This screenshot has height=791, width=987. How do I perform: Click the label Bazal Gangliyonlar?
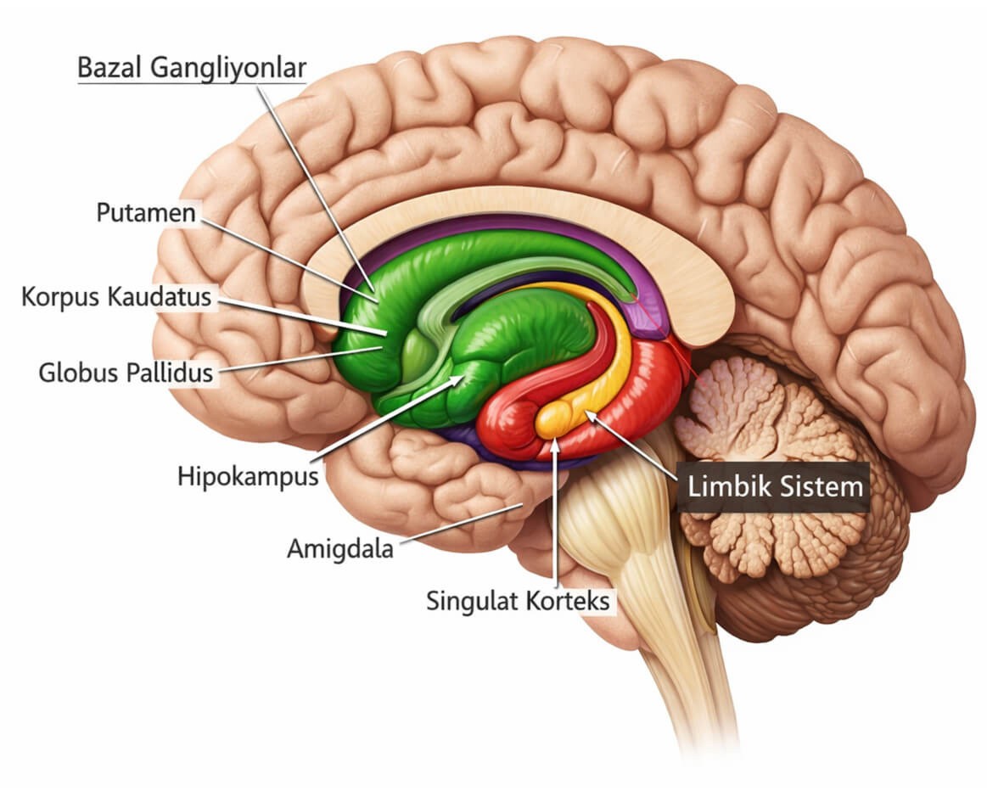click(192, 68)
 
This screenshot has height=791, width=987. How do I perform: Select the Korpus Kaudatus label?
click(117, 298)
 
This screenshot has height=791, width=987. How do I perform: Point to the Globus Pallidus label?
click(126, 372)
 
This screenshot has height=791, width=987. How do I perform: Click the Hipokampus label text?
click(248, 475)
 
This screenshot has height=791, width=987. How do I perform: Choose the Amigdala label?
click(339, 549)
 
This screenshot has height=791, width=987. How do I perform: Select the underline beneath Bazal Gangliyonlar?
click(192, 82)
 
